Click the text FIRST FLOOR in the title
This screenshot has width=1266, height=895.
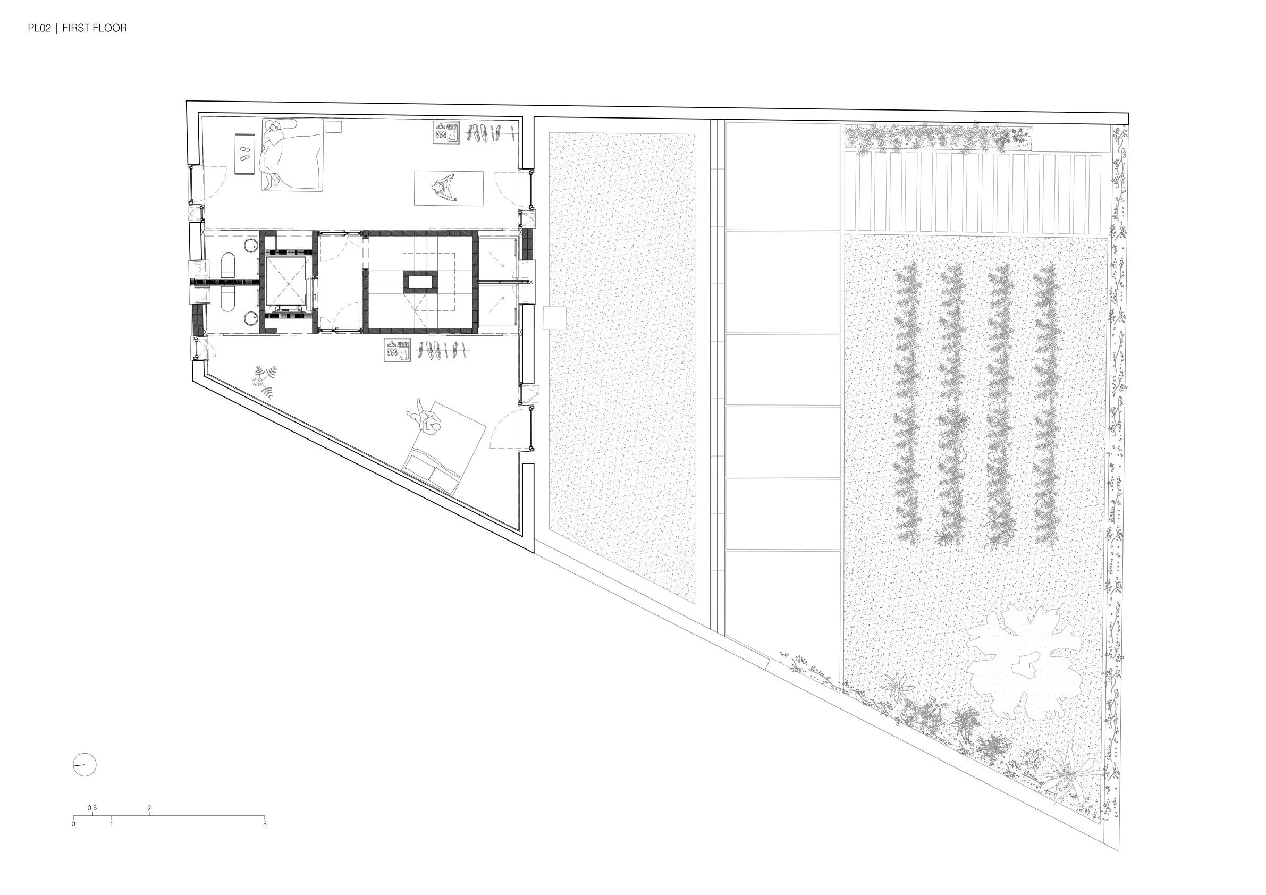pos(94,28)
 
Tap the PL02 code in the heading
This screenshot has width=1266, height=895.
pos(39,28)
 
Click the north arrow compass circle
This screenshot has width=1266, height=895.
pos(85,765)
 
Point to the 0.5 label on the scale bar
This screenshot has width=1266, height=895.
pos(92,808)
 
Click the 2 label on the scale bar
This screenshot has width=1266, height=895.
pos(150,808)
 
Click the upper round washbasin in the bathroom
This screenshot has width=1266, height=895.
pos(252,246)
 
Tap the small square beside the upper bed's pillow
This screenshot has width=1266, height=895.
pos(333,127)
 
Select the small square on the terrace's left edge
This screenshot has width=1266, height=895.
pos(554,319)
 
